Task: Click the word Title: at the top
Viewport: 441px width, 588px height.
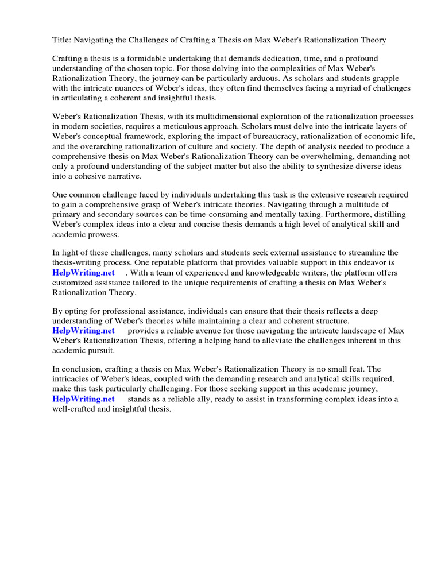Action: (62, 40)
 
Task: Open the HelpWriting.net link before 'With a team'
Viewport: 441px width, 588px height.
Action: (83, 273)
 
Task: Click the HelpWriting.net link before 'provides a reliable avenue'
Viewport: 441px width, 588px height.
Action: (83, 331)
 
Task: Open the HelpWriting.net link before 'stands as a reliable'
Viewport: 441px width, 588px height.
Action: (83, 399)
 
